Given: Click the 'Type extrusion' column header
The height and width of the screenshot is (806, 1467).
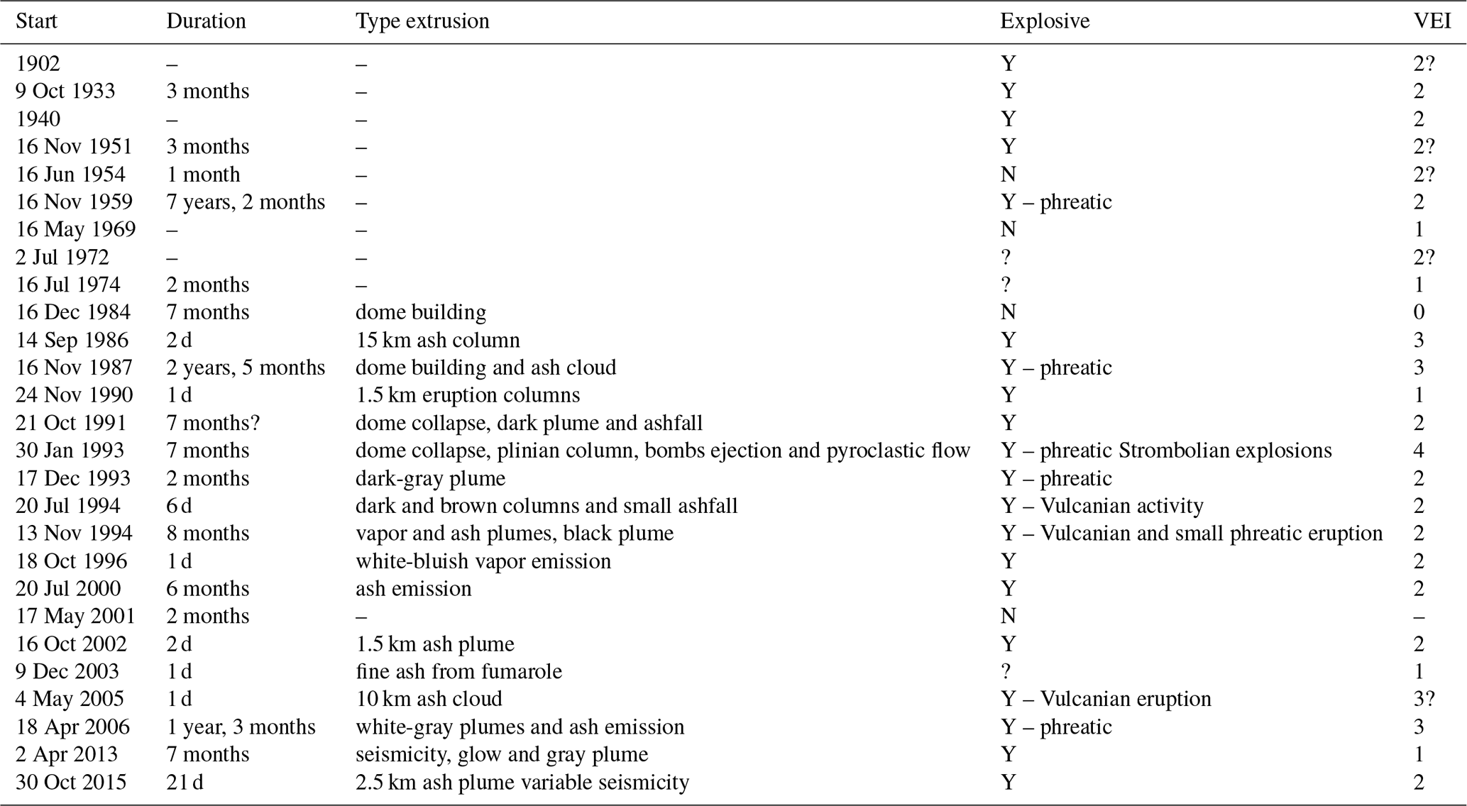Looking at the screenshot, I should pyautogui.click(x=422, y=21).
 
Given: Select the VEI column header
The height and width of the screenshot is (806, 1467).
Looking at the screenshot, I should pyautogui.click(x=1432, y=21).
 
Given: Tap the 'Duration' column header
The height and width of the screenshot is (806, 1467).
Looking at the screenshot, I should pyautogui.click(x=206, y=21).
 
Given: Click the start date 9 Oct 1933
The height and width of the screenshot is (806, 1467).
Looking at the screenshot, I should pyautogui.click(x=65, y=91).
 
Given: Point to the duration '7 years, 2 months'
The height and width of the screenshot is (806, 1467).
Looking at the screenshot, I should pyautogui.click(x=246, y=201).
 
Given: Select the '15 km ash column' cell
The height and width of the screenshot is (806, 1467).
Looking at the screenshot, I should pyautogui.click(x=437, y=340).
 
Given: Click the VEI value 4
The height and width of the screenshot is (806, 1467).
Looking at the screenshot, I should pyautogui.click(x=1419, y=451).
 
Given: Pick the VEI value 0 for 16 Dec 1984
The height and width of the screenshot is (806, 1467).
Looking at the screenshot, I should pyautogui.click(x=1419, y=312).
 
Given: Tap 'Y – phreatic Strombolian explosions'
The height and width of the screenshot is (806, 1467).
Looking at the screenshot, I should pyautogui.click(x=1165, y=451).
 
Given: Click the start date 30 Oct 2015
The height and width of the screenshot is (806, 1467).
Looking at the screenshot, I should pyautogui.click(x=71, y=783).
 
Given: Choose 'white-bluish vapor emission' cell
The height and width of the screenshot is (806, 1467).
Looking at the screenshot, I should pyautogui.click(x=483, y=561).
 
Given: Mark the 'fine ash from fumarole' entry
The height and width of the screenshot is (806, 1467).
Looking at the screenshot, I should pyautogui.click(x=458, y=671).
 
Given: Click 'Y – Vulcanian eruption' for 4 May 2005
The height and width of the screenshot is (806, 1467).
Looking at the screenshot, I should pyautogui.click(x=1105, y=699).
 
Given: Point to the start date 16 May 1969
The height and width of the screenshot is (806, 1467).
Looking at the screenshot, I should pyautogui.click(x=75, y=229).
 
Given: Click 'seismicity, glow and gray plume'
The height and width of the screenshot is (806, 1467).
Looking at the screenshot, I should pyautogui.click(x=502, y=754).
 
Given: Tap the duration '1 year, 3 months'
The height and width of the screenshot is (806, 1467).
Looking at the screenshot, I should pyautogui.click(x=241, y=727).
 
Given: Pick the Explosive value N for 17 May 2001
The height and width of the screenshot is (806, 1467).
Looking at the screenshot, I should pyautogui.click(x=1008, y=616).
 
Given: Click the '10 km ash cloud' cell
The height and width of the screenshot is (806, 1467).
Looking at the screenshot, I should pyautogui.click(x=429, y=699).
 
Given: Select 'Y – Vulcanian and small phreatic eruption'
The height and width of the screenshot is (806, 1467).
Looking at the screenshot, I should pyautogui.click(x=1191, y=534).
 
